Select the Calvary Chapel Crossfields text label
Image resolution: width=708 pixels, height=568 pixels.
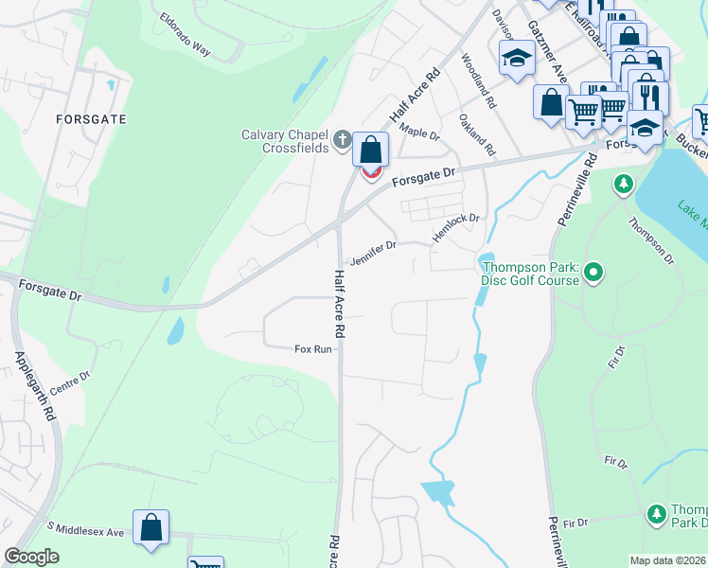tap(284, 140)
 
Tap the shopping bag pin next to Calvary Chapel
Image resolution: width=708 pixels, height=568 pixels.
tap(371, 151)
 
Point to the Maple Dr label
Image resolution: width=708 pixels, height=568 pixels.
tap(419, 131)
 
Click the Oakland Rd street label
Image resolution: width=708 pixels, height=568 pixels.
tap(477, 133)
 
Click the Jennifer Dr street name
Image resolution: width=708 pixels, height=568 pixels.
tap(372, 252)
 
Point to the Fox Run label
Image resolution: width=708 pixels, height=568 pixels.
tap(313, 349)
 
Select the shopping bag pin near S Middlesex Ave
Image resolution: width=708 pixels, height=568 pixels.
tap(150, 528)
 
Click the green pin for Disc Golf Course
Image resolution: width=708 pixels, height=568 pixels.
tap(593, 274)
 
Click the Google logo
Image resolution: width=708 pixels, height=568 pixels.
tap(31, 557)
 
